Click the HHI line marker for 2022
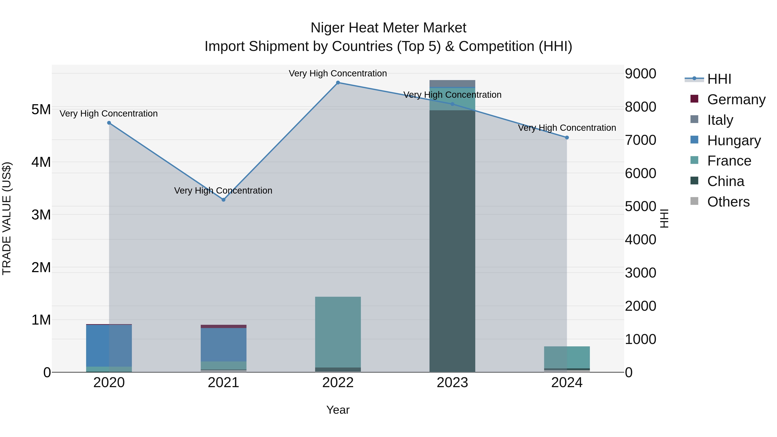coord(338,83)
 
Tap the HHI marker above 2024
coord(567,137)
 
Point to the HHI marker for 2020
coord(109,123)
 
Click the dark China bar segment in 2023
coord(452,241)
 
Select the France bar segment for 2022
coord(338,332)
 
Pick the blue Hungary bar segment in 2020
coord(109,345)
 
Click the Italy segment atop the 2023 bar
coord(452,84)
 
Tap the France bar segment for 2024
coord(567,357)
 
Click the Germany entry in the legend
coord(736,99)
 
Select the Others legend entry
coord(728,202)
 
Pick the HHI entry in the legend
coord(719,79)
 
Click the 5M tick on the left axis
coord(41,109)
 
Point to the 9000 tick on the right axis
coord(640,74)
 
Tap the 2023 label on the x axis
coord(452,383)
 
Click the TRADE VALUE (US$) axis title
coord(7,218)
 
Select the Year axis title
coord(338,410)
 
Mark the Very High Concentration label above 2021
coord(223,191)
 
